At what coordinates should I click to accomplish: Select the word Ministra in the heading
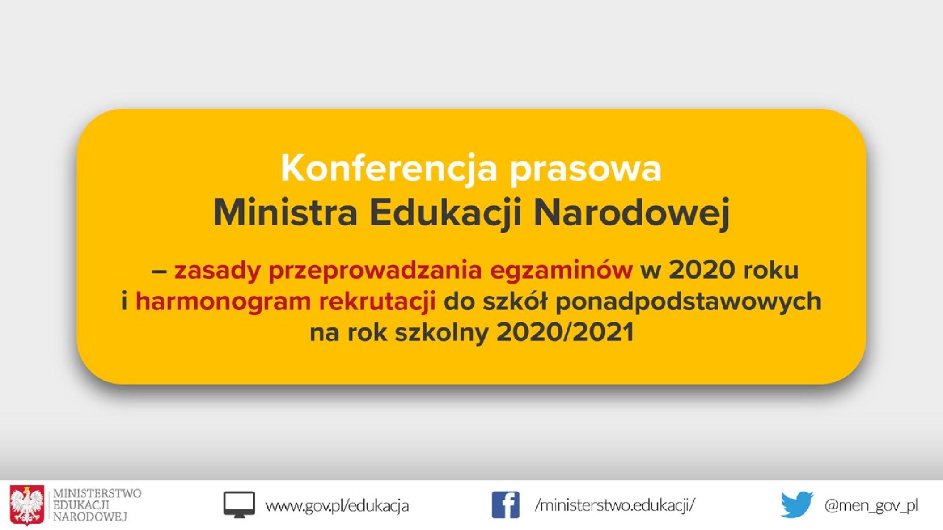click(285, 213)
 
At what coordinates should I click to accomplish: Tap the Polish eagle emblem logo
click(27, 505)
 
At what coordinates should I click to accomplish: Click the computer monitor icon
click(239, 505)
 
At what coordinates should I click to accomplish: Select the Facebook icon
click(505, 505)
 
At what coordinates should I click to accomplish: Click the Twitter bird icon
click(797, 505)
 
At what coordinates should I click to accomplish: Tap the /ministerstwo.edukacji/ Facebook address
click(615, 505)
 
